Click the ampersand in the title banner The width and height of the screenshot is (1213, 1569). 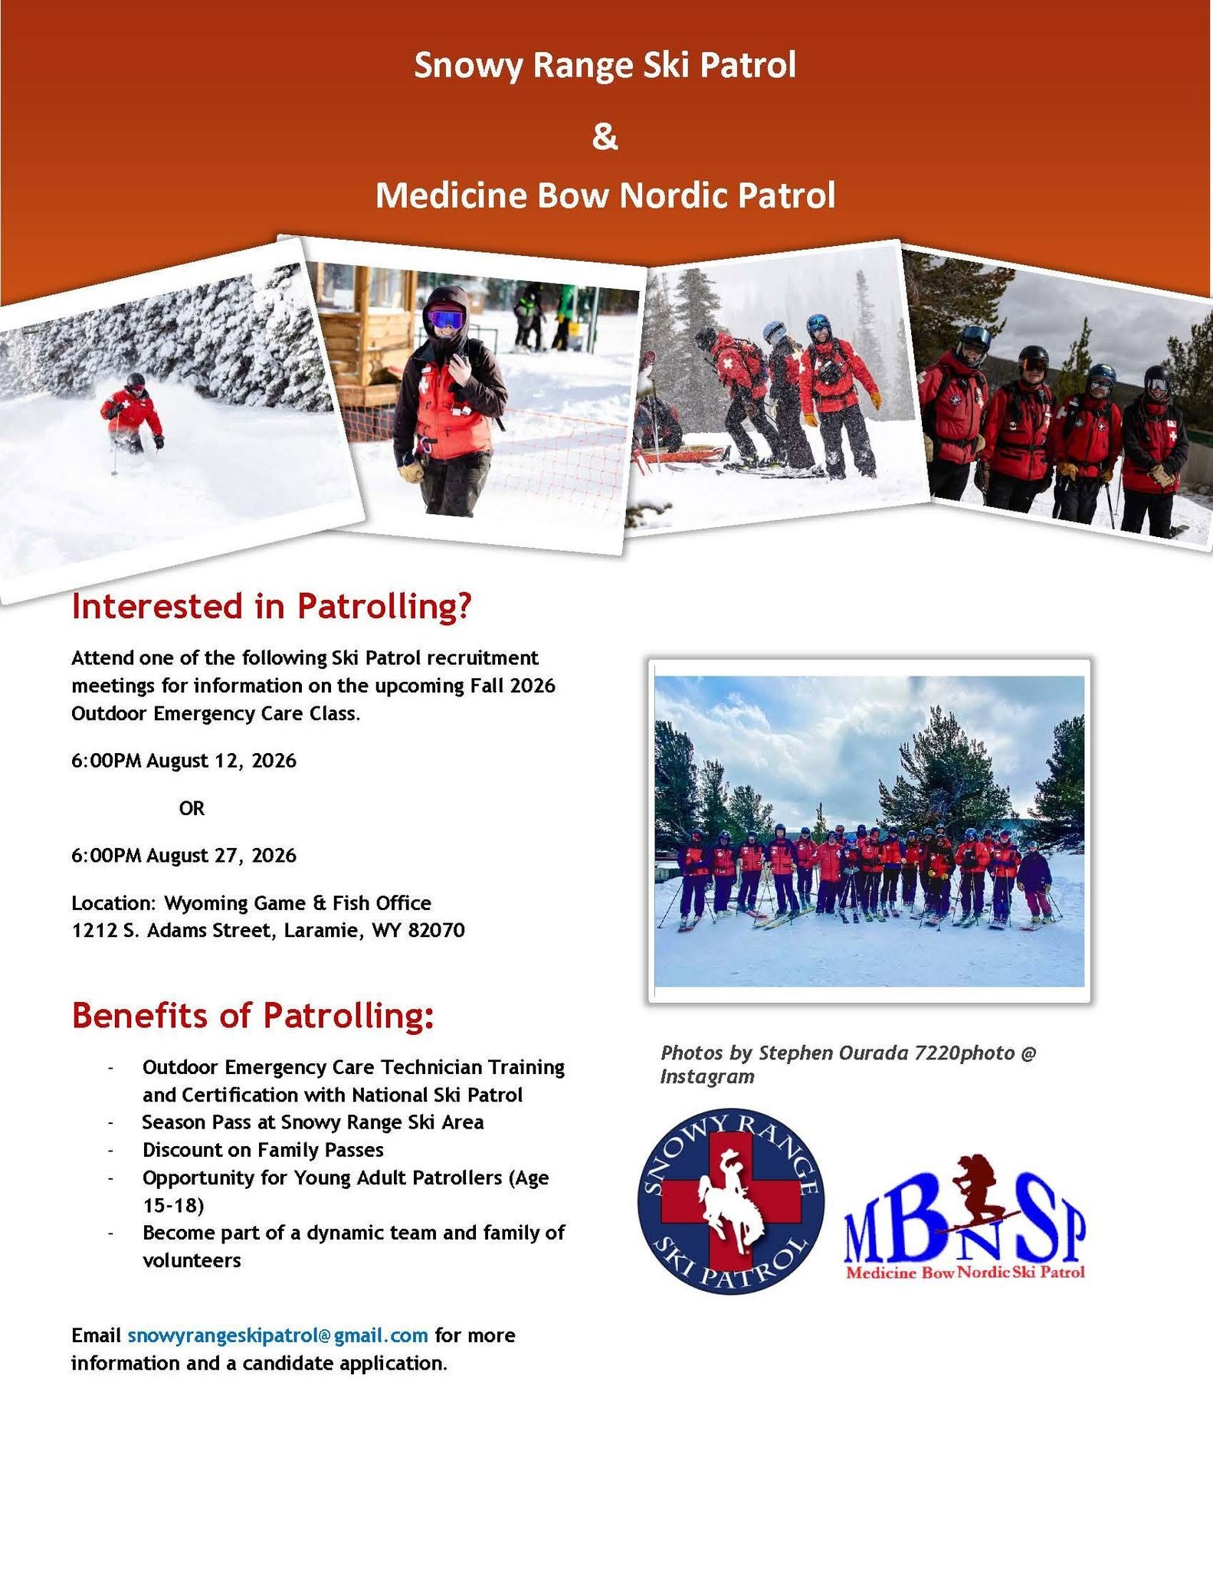pyautogui.click(x=605, y=138)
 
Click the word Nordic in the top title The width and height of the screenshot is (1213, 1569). pyautogui.click(x=674, y=195)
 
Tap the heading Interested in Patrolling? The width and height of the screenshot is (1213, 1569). pyautogui.click(x=271, y=606)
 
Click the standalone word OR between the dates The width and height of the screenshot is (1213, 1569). pyautogui.click(x=192, y=808)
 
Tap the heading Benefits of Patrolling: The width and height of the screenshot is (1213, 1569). pyautogui.click(x=253, y=1016)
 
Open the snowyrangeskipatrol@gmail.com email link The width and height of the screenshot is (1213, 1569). pyautogui.click(x=277, y=1335)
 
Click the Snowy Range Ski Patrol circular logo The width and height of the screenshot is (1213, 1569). pyautogui.click(x=730, y=1200)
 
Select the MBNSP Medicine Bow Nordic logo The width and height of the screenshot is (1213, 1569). pyautogui.click(x=965, y=1218)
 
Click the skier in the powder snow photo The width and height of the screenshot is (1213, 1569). pyautogui.click(x=133, y=414)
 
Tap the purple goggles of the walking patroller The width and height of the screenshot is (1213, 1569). pyautogui.click(x=445, y=319)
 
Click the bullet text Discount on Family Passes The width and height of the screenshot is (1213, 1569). pyautogui.click(x=263, y=1150)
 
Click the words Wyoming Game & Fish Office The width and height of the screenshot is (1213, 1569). pyautogui.click(x=297, y=903)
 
